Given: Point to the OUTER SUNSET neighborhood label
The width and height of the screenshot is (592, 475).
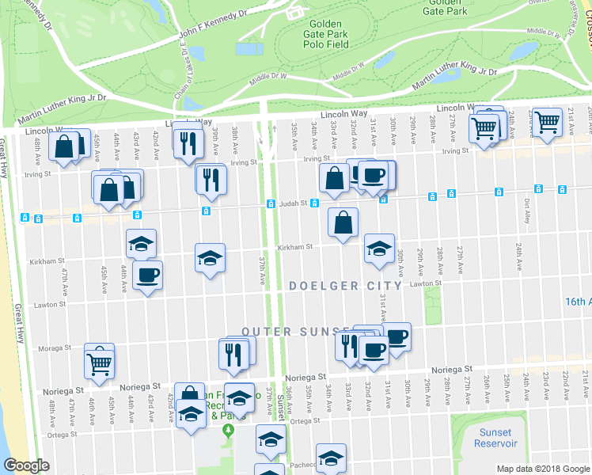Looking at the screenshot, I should click(x=296, y=331).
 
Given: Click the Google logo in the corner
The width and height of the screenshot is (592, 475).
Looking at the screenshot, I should click(x=26, y=465).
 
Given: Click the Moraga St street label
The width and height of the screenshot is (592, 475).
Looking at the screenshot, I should click(x=56, y=348).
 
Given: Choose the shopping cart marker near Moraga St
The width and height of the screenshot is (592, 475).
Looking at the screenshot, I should click(x=100, y=362).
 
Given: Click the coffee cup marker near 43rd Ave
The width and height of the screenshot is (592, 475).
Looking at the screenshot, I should click(x=147, y=275).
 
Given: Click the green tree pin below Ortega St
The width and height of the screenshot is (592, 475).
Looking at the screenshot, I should click(x=229, y=431).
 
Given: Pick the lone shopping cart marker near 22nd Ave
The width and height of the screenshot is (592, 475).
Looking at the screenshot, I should click(x=546, y=122).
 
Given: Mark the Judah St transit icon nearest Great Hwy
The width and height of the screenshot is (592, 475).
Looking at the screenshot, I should click(x=25, y=218).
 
